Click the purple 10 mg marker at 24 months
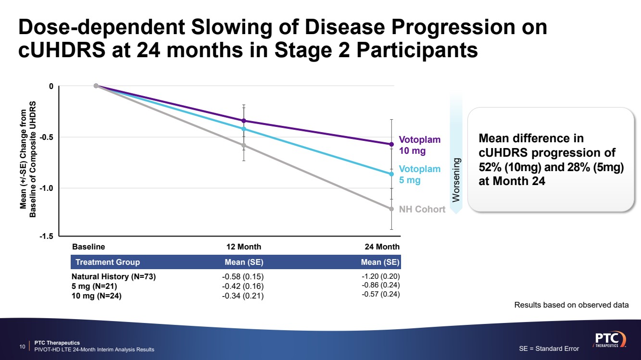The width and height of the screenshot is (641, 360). pyautogui.click(x=391, y=144)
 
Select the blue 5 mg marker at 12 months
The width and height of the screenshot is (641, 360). pyautogui.click(x=244, y=129)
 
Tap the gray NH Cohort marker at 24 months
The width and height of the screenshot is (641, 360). pyautogui.click(x=391, y=209)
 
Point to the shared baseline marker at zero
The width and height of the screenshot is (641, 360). pyautogui.click(x=96, y=86)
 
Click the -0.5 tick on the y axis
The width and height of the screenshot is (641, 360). pyautogui.click(x=46, y=137)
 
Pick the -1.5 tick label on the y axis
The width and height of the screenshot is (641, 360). pyautogui.click(x=46, y=236)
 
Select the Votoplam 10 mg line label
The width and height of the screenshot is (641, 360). pyautogui.click(x=419, y=145)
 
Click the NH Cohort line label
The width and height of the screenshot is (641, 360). pyautogui.click(x=422, y=210)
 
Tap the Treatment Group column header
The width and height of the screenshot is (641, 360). pyautogui.click(x=108, y=262)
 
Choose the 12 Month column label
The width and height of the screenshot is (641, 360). pyautogui.click(x=244, y=247)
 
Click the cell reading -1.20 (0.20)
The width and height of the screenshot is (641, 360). pyautogui.click(x=380, y=276)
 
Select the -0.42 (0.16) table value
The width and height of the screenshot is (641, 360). pyautogui.click(x=243, y=286)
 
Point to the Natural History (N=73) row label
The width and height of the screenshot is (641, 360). pyautogui.click(x=113, y=277)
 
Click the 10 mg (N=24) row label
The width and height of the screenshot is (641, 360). pyautogui.click(x=97, y=296)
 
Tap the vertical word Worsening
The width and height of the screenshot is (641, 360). pyautogui.click(x=456, y=180)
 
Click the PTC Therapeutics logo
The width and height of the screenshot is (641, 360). pyautogui.click(x=609, y=338)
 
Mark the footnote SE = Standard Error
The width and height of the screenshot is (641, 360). pyautogui.click(x=549, y=348)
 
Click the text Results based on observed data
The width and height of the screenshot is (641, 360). pyautogui.click(x=571, y=305)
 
